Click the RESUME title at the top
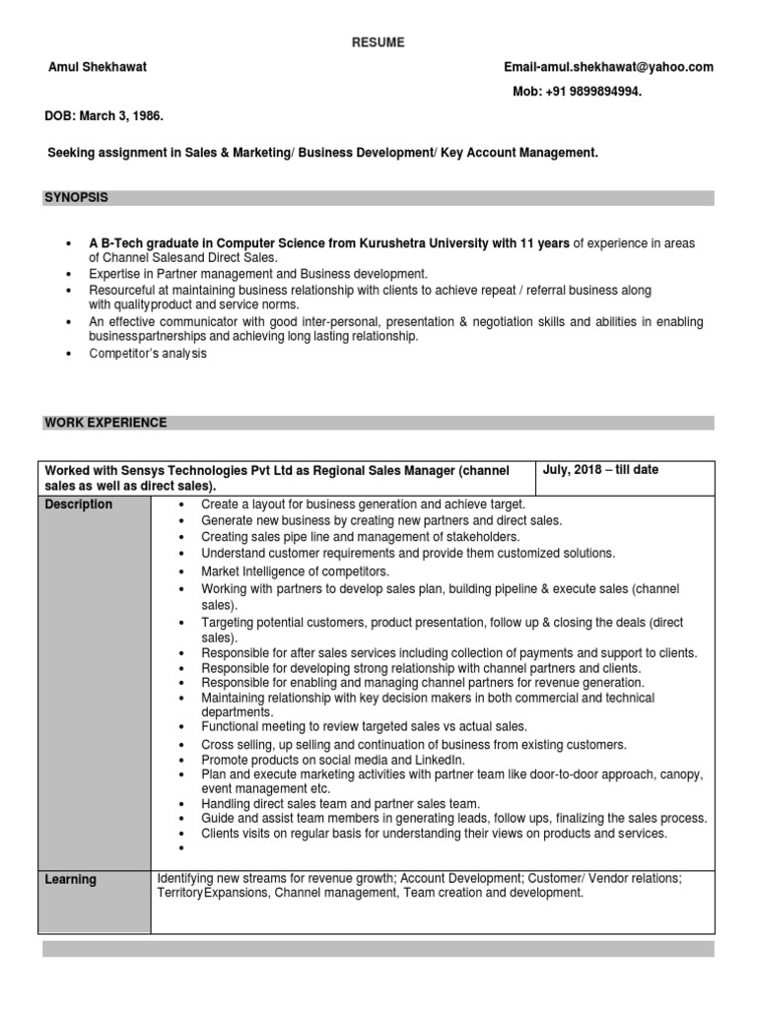(378, 41)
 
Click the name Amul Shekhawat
(96, 67)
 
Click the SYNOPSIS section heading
(76, 198)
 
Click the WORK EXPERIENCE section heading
(105, 423)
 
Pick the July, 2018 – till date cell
(600, 470)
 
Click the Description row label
(79, 504)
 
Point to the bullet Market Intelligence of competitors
(296, 572)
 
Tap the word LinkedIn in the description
(442, 761)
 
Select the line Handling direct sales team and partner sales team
(340, 803)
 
